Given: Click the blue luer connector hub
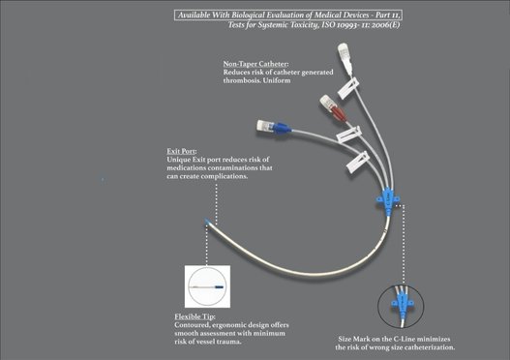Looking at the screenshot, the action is [x=282, y=128].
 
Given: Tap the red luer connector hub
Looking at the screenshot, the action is [x=338, y=113].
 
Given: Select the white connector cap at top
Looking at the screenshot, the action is [x=345, y=52].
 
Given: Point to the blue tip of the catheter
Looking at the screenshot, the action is [x=207, y=223].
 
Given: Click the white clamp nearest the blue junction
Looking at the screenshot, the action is [x=358, y=162].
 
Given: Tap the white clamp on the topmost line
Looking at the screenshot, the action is [x=348, y=88].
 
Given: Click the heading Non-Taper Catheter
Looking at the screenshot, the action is [x=255, y=64].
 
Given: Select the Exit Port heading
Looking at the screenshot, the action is [x=182, y=151].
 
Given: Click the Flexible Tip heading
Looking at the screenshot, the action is [x=195, y=316].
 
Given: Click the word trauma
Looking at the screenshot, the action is [x=230, y=342].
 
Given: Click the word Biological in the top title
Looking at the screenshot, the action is [x=248, y=15].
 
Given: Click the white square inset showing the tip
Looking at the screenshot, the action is [x=207, y=286].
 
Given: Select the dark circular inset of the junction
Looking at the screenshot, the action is [x=401, y=306].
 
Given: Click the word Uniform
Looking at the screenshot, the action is [x=277, y=80].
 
